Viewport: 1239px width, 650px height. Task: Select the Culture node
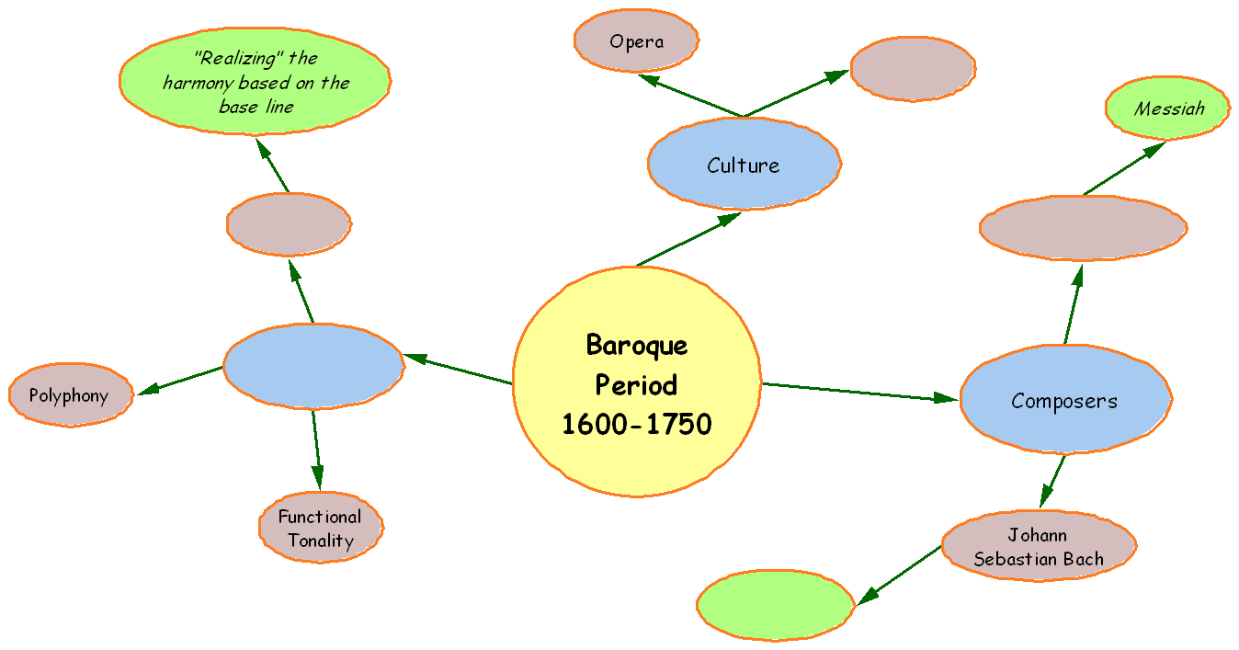pyautogui.click(x=744, y=165)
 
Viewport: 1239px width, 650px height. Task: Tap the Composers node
pyautogui.click(x=1064, y=401)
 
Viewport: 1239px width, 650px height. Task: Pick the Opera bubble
pyautogui.click(x=636, y=41)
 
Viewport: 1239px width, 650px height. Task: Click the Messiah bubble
pyautogui.click(x=1168, y=108)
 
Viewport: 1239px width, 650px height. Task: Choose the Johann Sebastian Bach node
pyautogui.click(x=1039, y=547)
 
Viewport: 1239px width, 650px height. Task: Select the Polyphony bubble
pyautogui.click(x=70, y=396)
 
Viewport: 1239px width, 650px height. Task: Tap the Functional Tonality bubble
pyautogui.click(x=320, y=528)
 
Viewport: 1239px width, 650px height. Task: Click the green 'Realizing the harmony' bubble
pyautogui.click(x=256, y=81)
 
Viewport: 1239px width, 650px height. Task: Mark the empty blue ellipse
pyautogui.click(x=313, y=366)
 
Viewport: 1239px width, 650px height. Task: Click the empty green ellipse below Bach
pyautogui.click(x=775, y=605)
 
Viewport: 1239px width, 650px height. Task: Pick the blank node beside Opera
pyautogui.click(x=913, y=68)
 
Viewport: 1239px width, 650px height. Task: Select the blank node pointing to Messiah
pyautogui.click(x=1083, y=228)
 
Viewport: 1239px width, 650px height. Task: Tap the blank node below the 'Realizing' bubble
pyautogui.click(x=289, y=223)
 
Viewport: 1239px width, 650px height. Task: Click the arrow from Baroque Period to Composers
pyautogui.click(x=859, y=392)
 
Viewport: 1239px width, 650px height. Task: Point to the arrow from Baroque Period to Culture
pyautogui.click(x=689, y=239)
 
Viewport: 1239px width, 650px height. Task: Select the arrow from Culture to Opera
pyautogui.click(x=689, y=96)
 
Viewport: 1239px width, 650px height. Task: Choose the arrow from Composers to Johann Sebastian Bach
pyautogui.click(x=1052, y=481)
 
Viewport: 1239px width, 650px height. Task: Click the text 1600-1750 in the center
pyautogui.click(x=636, y=424)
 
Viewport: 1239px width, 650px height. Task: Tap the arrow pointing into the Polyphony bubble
pyautogui.click(x=179, y=381)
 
